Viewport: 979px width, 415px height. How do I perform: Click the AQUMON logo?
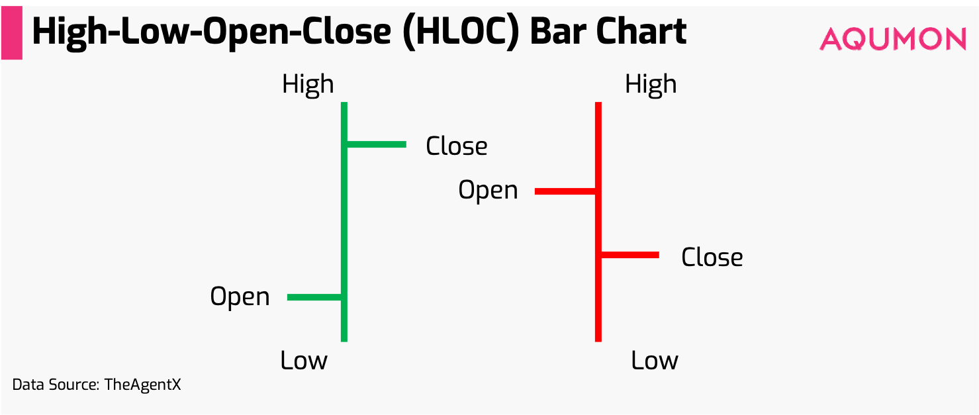892,39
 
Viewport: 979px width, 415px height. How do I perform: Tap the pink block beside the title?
11,34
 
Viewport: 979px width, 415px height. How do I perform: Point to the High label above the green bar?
308,85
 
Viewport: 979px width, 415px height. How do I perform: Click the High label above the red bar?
651,85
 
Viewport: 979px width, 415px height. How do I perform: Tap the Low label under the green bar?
304,361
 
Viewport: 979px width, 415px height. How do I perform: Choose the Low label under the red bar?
654,361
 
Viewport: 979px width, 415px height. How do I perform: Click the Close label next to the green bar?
457,146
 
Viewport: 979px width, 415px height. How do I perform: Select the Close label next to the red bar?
712,257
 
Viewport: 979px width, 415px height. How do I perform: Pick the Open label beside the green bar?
240,297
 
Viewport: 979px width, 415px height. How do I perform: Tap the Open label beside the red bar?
488,191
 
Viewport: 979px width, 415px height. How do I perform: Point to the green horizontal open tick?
314,297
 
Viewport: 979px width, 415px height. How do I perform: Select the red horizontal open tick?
565,191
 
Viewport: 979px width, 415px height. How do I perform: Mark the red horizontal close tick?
629,255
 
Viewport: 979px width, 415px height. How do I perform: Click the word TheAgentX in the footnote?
142,385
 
